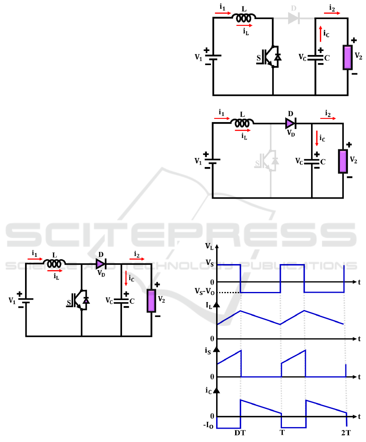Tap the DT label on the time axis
pyautogui.click(x=240, y=433)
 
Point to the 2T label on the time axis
pyautogui.click(x=346, y=433)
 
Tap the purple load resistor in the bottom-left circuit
pyautogui.click(x=151, y=300)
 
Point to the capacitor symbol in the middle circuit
pyautogui.click(x=312, y=161)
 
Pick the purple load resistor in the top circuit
pyautogui.click(x=347, y=57)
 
